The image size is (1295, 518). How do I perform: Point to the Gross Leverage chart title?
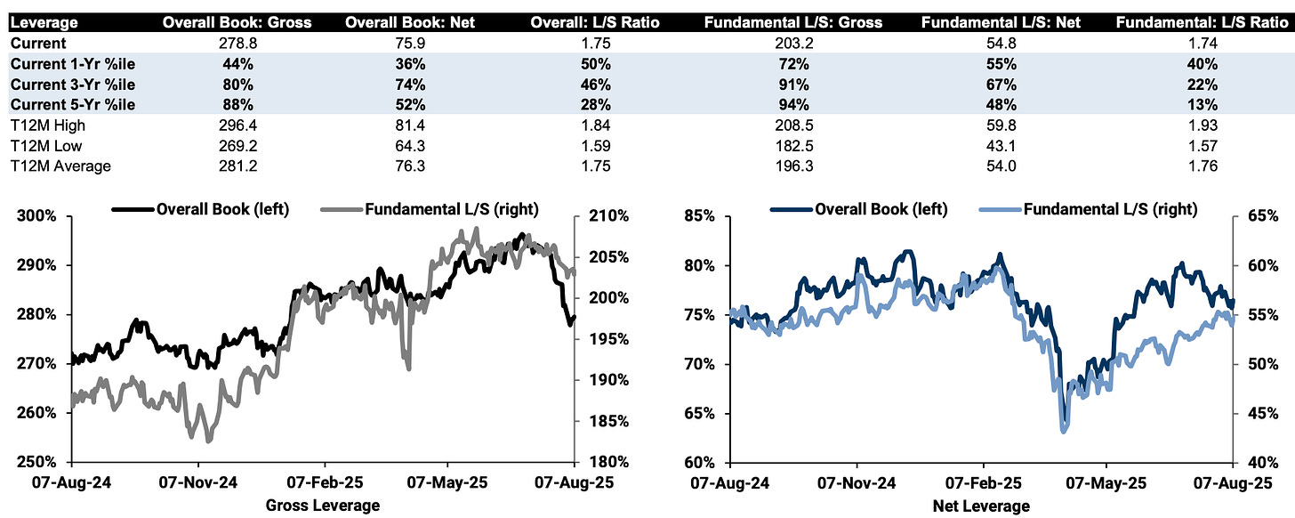click(x=323, y=506)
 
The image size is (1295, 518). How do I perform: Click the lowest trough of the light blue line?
click(x=1064, y=431)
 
